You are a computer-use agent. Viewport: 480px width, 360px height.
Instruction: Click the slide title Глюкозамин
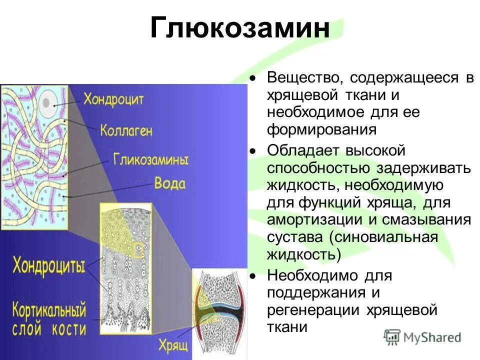point(240,29)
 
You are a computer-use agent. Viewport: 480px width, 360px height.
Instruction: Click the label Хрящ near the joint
point(172,344)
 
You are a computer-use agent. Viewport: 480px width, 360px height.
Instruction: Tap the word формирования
point(321,130)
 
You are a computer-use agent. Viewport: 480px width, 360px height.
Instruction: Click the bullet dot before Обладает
point(253,151)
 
